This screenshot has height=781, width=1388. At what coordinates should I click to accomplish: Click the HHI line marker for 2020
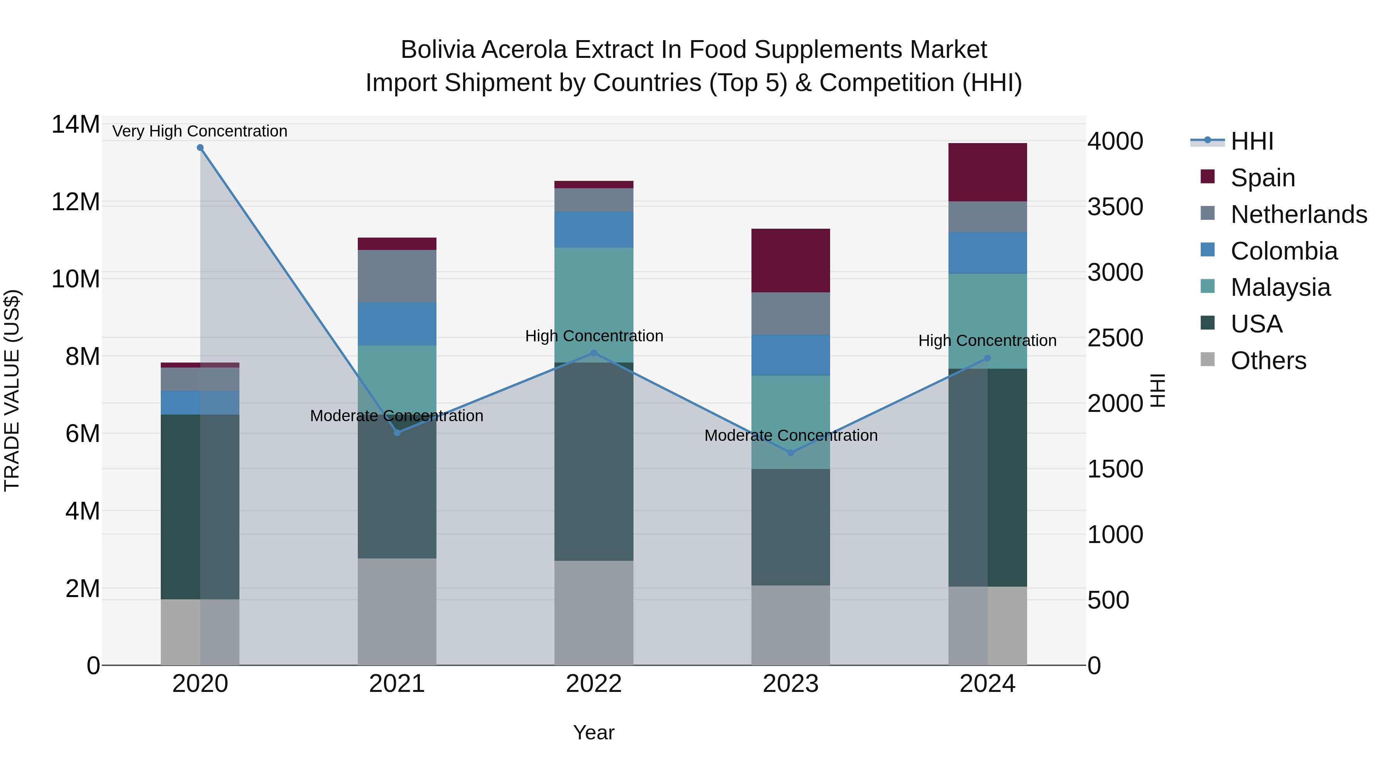(x=200, y=148)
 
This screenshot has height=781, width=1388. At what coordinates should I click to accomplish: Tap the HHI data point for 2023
(x=790, y=453)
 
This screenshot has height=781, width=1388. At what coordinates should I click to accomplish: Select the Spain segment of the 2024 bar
(x=987, y=172)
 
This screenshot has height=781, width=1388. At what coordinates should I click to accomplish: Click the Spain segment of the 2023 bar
(x=790, y=261)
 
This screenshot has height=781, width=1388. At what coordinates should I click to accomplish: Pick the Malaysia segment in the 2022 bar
(x=594, y=305)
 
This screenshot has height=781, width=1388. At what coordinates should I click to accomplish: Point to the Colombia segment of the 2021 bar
(x=397, y=324)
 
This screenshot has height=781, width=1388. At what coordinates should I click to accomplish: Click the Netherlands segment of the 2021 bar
(x=397, y=276)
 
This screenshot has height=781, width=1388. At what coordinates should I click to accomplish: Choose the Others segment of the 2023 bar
(x=790, y=625)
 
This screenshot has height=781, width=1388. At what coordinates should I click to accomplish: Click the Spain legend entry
(x=1262, y=178)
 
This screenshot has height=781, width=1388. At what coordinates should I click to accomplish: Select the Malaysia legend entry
(x=1280, y=288)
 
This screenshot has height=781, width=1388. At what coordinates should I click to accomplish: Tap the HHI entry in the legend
(x=1252, y=141)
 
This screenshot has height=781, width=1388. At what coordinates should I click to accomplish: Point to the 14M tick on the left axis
(x=76, y=125)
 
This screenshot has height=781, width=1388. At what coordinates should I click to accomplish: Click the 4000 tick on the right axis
(x=1115, y=141)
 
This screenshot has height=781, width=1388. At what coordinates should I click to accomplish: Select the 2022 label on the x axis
(x=594, y=684)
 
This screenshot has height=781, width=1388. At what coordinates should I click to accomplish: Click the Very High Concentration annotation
(x=200, y=131)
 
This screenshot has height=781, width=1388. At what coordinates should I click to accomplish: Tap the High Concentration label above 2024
(x=987, y=341)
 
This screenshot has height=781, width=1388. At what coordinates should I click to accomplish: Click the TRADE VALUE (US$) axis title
(x=12, y=390)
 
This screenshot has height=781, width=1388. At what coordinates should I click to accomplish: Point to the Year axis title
(x=594, y=732)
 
